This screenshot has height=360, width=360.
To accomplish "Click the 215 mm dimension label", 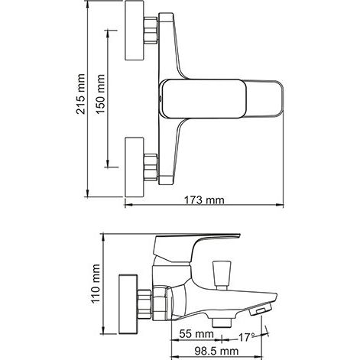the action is coord(81,94).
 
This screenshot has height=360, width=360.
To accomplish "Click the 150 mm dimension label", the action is coord(101,94).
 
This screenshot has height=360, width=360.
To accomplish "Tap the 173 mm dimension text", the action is coord(204,200).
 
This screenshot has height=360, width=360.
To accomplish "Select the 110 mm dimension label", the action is coord(96,284).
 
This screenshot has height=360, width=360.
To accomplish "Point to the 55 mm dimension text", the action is coord(196,334).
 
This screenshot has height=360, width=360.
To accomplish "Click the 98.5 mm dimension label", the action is coord(216,351).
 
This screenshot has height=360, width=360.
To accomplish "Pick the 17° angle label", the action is coord(246,337).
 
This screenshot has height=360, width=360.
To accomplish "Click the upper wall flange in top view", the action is coord(135,30).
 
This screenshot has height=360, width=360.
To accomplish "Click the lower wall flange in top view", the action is coord(135,167).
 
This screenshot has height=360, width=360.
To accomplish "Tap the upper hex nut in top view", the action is coord(151,30).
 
